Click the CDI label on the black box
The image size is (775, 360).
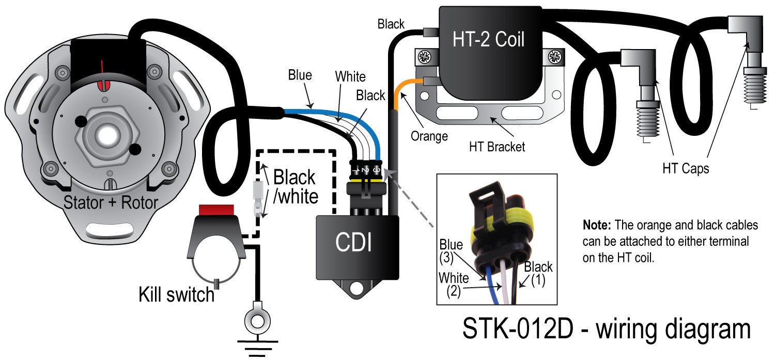click(354, 242)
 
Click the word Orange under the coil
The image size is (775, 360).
click(428, 136)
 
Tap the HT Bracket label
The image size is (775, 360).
click(497, 147)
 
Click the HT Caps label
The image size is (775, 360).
click(686, 168)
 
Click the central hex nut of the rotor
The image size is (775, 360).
click(107, 135)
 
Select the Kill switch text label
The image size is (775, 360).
click(176, 294)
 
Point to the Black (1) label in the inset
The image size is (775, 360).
click(538, 273)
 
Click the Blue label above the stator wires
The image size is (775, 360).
click(300, 75)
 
